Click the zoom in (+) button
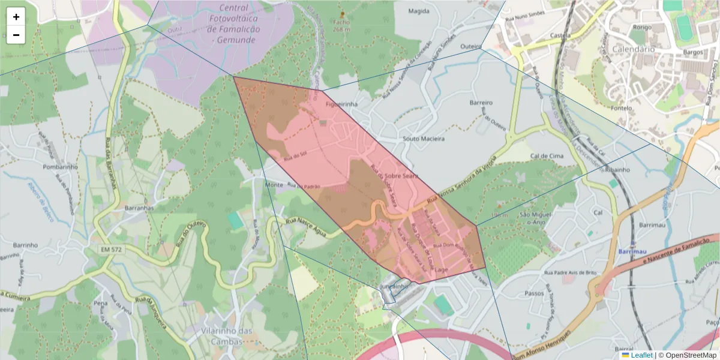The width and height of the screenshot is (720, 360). [x=16, y=17]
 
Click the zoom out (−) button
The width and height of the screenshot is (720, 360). [x=16, y=35]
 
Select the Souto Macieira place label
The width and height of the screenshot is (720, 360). [x=424, y=139]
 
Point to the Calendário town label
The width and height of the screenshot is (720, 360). [x=633, y=49]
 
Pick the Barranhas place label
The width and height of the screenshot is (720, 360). [x=139, y=208]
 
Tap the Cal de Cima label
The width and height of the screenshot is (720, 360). [x=547, y=156]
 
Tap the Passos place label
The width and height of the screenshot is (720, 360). [x=534, y=293]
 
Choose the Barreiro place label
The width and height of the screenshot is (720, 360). [x=481, y=103]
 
